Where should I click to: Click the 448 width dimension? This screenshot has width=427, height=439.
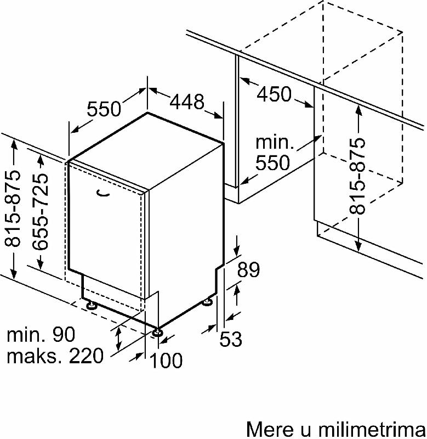(x=187, y=102)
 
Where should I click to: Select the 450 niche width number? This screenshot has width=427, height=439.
(x=274, y=94)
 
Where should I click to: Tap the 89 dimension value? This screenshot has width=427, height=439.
(x=249, y=269)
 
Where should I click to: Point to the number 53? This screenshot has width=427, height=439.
(x=231, y=339)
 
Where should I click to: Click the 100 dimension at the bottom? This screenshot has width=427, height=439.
(x=166, y=360)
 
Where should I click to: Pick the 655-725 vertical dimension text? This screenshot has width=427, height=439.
(x=40, y=212)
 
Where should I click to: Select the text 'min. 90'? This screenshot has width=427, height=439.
(x=41, y=334)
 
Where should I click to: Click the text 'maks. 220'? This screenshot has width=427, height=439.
(x=55, y=356)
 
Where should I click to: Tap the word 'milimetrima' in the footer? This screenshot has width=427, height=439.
(x=372, y=429)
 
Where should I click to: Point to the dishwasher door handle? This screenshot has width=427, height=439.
(x=103, y=194)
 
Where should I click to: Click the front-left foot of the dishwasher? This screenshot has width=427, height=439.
(x=91, y=305)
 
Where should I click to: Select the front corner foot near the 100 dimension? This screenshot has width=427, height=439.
(x=157, y=333)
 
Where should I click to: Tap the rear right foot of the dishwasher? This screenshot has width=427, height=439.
(x=208, y=302)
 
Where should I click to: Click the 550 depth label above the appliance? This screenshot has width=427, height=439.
(x=104, y=109)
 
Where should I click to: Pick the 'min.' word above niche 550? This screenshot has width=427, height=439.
(x=275, y=142)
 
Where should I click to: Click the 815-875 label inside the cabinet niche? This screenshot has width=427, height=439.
(x=357, y=176)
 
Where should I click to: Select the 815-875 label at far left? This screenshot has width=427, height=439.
(x=12, y=209)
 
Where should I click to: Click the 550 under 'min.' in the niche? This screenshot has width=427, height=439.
(x=272, y=162)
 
